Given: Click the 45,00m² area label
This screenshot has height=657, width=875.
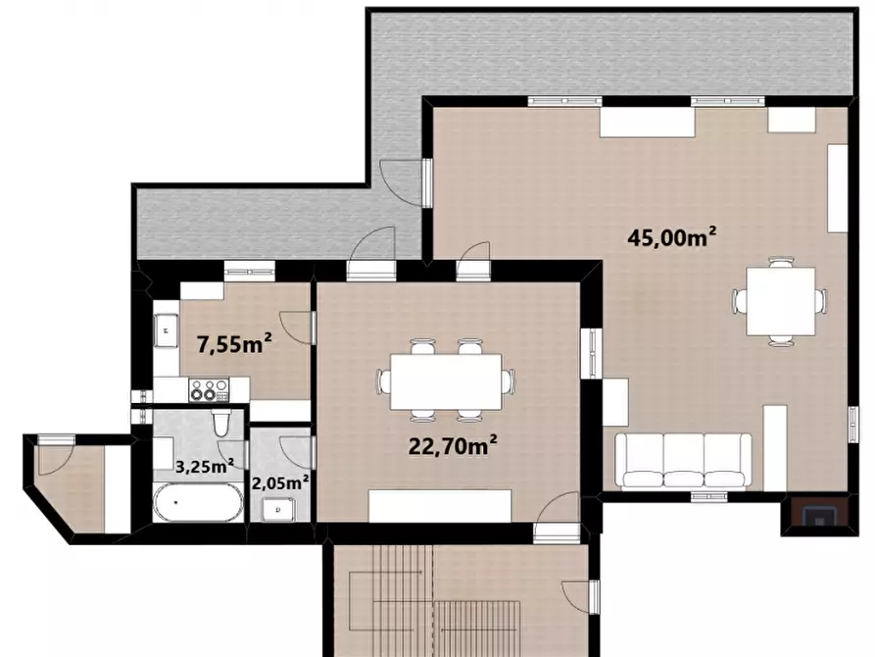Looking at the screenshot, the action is coord(672,237).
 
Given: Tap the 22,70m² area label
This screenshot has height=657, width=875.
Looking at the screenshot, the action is coord(453,446).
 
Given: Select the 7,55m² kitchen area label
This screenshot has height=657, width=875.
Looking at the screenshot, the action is coord(234,344).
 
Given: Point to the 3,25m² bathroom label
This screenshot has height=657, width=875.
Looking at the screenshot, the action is coord(204,466).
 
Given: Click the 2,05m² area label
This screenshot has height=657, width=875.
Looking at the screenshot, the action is coord(280,482).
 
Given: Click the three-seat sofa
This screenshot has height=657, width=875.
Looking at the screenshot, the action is coord(683,460).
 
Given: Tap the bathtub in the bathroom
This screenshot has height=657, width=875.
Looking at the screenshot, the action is coord(198,502).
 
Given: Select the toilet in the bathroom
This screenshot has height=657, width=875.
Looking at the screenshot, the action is coord(221,424).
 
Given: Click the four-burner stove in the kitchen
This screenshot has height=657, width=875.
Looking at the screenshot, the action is coord(209,390).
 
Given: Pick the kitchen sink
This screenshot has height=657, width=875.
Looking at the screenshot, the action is coord(166,330).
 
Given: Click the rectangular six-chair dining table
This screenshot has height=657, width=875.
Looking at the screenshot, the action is coord(446,381).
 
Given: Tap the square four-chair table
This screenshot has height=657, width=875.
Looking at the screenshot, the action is coord(780,301).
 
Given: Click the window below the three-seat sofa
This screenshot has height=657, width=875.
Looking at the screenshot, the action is coord(709,496).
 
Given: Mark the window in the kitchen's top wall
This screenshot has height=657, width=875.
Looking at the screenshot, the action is coord(250,272).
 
